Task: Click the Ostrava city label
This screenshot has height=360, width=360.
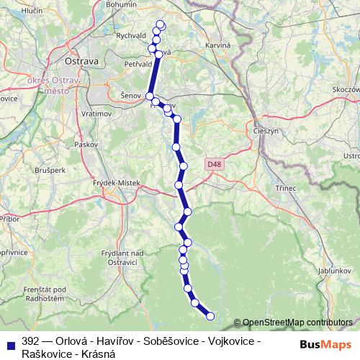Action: click(81, 61)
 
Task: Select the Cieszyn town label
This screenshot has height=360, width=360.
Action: click(269, 131)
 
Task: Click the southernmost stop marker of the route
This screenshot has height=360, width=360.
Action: click(210, 315)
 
